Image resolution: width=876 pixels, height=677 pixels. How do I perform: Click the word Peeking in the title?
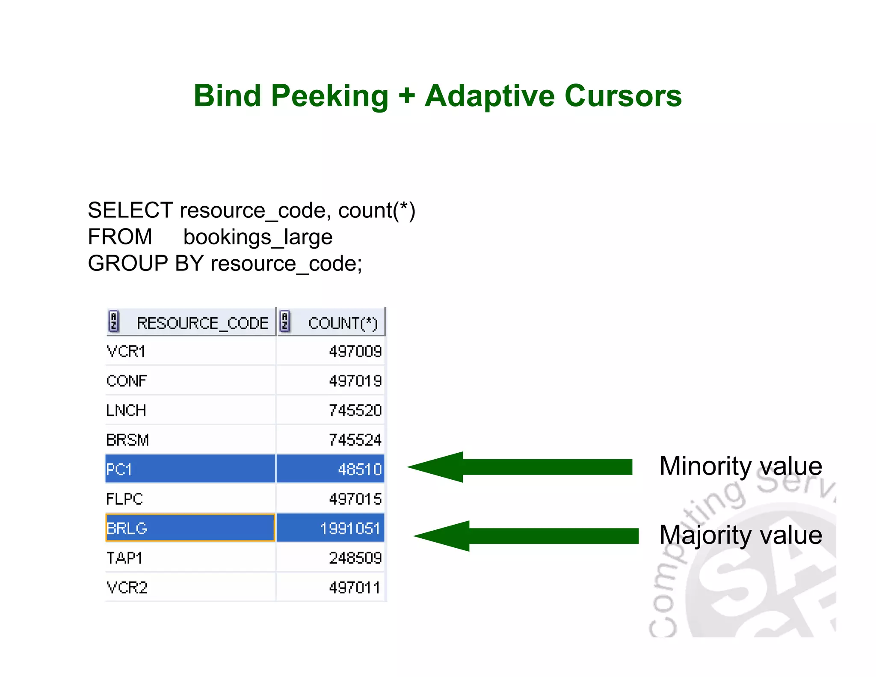[329, 96]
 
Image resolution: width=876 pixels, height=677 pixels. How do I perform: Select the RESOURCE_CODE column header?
[202, 323]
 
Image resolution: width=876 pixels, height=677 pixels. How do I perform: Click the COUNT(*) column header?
[343, 323]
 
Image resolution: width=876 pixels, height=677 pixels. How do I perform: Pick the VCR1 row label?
[126, 352]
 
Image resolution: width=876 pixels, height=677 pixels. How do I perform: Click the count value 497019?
[355, 381]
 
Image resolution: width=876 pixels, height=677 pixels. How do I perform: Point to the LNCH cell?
[126, 410]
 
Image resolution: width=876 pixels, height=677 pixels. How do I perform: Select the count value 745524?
[355, 440]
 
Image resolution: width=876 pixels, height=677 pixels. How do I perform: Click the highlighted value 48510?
[359, 469]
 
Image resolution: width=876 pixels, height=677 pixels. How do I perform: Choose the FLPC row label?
[124, 499]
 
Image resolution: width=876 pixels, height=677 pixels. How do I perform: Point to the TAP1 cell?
[124, 558]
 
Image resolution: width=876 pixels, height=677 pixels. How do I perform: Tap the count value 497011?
[354, 588]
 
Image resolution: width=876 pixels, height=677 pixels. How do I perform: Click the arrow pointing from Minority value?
[520, 467]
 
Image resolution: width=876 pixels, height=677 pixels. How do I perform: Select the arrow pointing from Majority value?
[526, 536]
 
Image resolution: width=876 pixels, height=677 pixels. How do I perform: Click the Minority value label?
[740, 466]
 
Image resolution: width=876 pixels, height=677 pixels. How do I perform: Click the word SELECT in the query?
[130, 211]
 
